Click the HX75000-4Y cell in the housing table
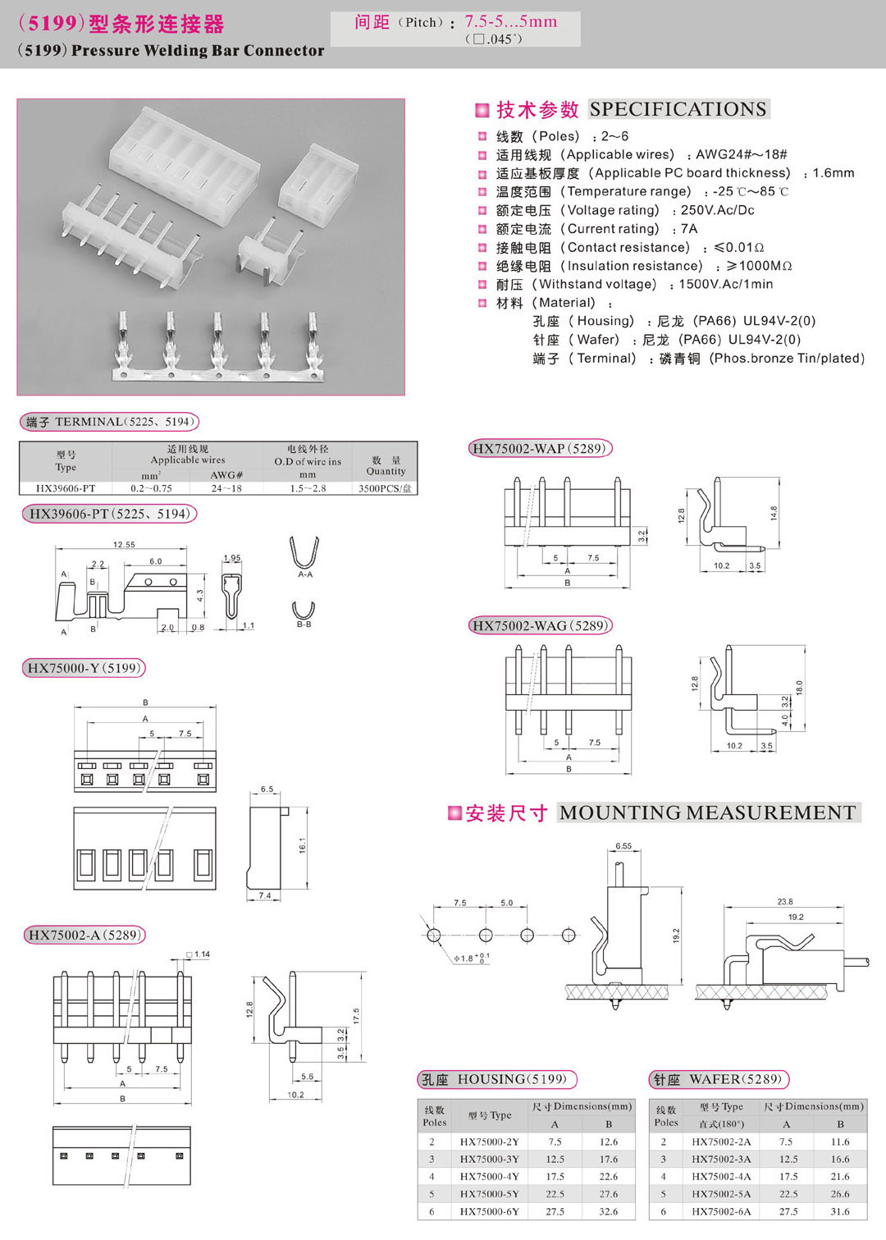click(x=489, y=1176)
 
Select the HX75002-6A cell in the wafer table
click(x=721, y=1211)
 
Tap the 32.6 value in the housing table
click(x=609, y=1211)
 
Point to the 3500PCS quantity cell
click(x=385, y=488)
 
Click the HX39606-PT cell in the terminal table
click(x=66, y=488)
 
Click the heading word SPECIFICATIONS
click(x=678, y=109)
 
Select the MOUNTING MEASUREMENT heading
click(x=708, y=812)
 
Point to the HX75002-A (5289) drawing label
click(x=85, y=935)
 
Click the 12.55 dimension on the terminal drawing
click(x=124, y=545)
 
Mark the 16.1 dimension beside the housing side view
click(x=302, y=844)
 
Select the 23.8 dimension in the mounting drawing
click(x=785, y=901)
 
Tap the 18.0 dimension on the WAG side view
click(x=799, y=688)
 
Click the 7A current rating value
click(x=688, y=229)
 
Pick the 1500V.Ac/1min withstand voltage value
click(x=726, y=284)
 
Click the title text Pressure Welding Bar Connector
click(x=198, y=50)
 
